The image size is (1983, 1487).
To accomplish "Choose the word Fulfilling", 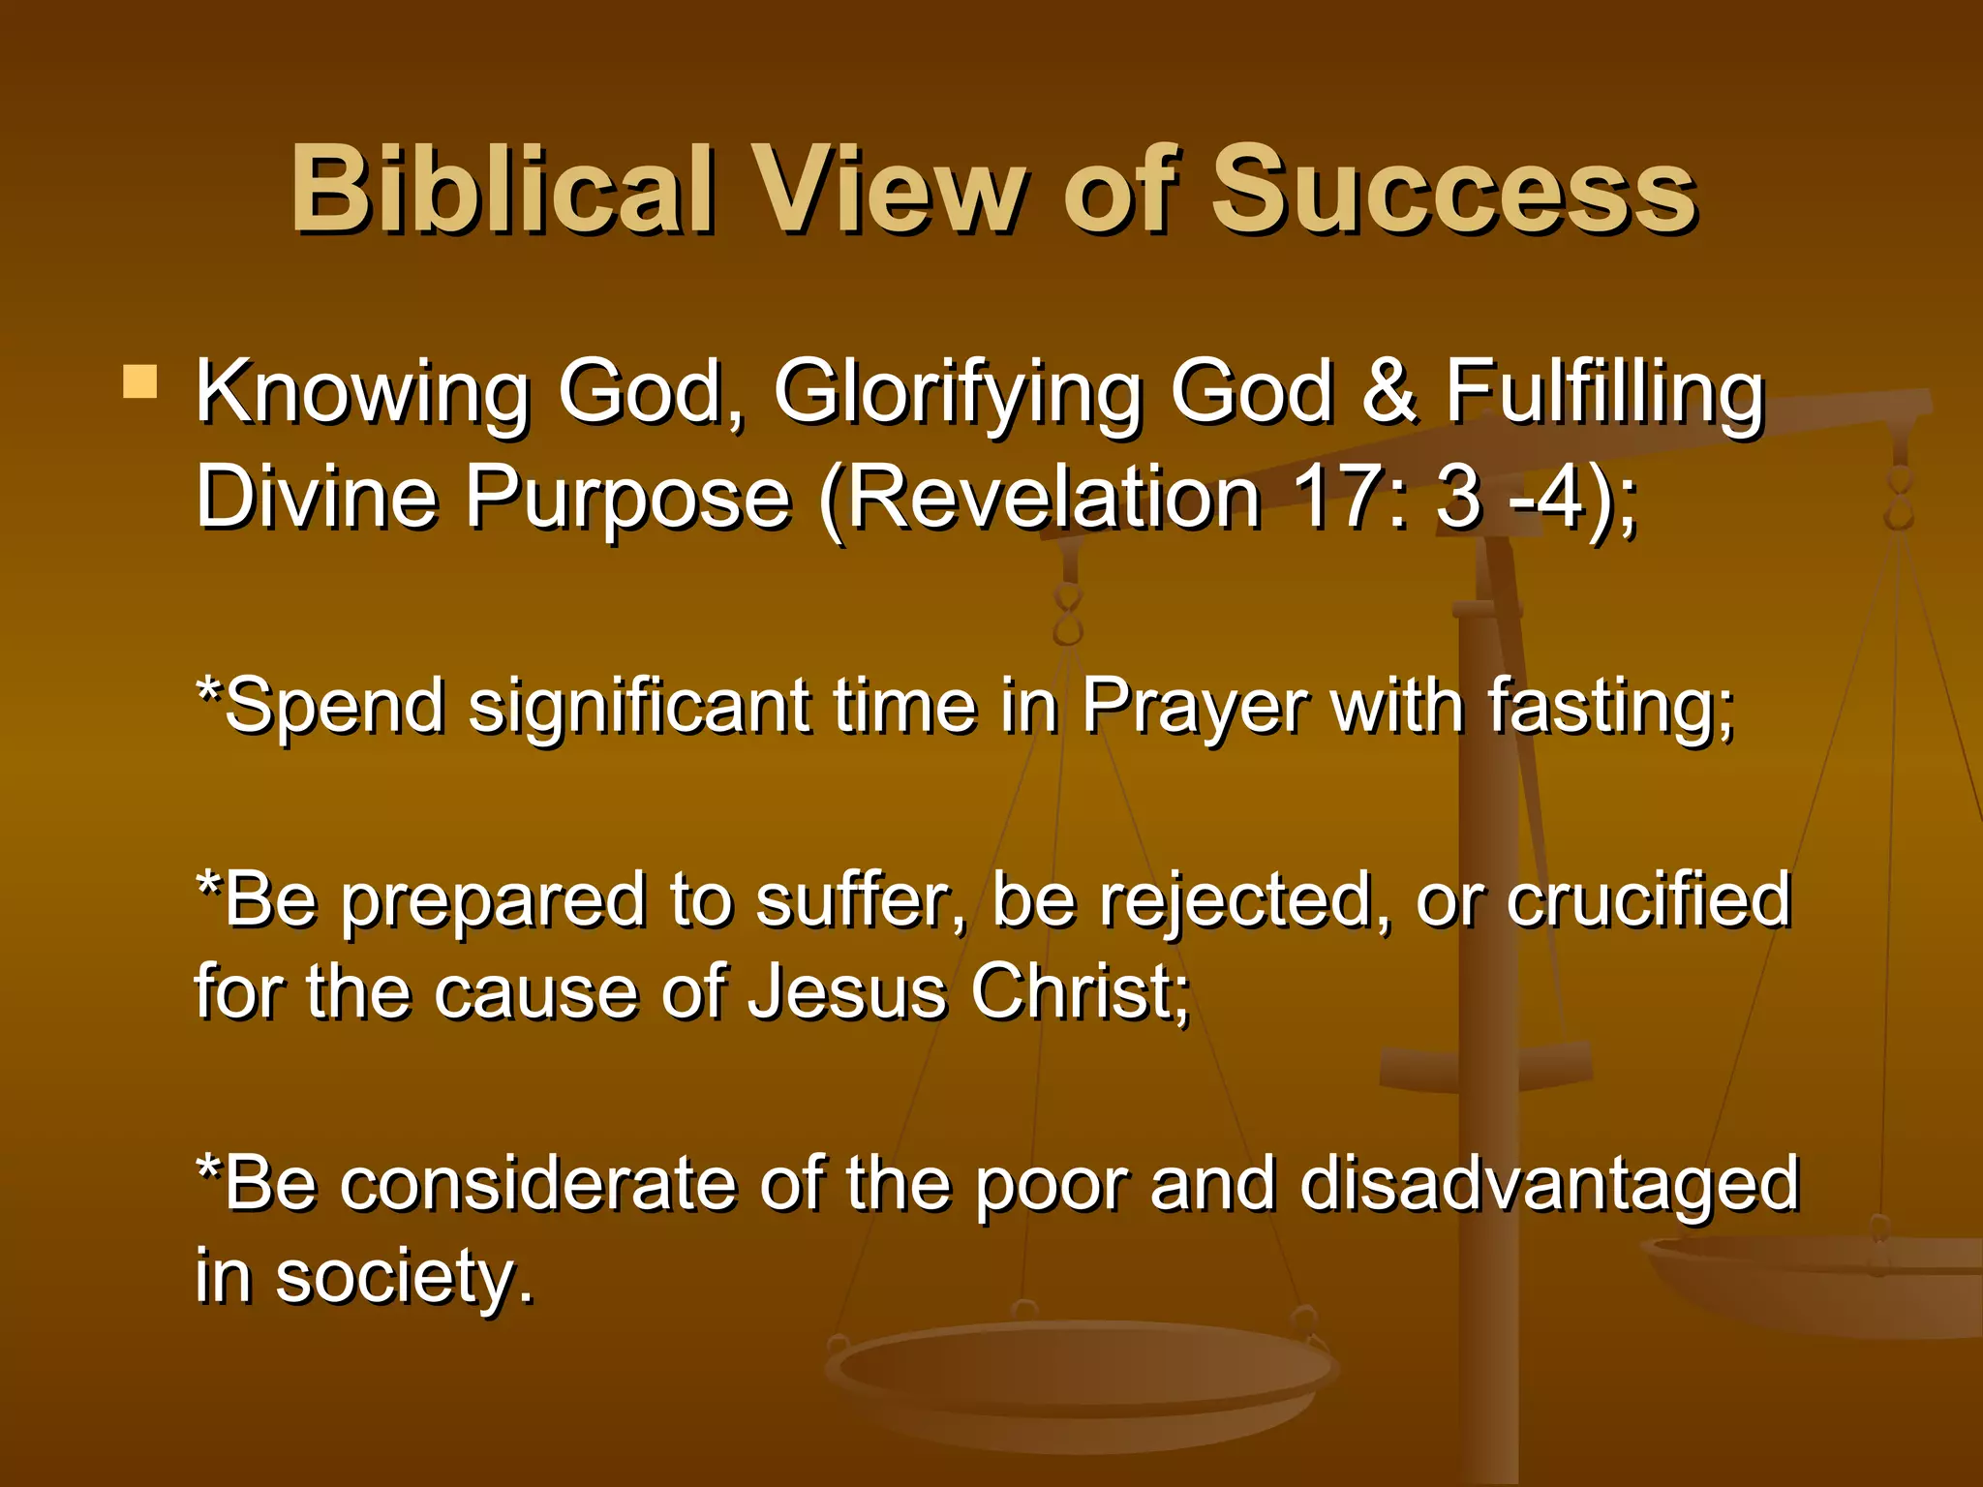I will pyautogui.click(x=1605, y=392).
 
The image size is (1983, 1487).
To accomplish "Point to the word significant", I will pyautogui.click(x=639, y=707).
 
